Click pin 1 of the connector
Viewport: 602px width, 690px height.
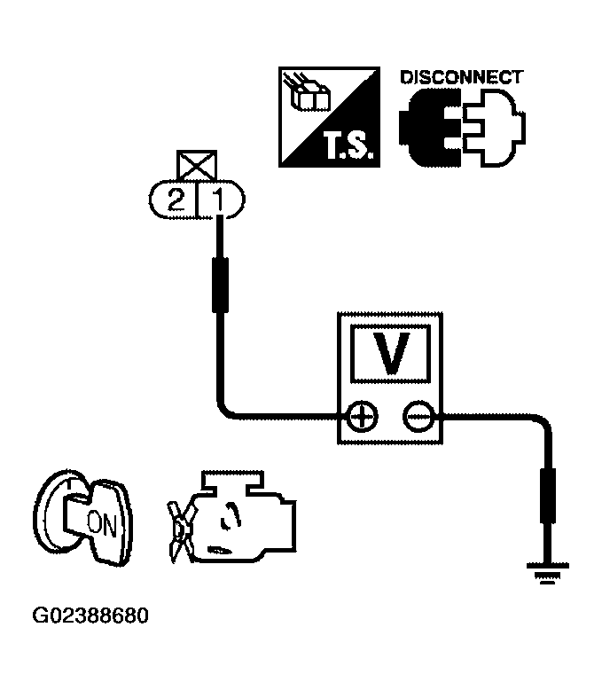219,201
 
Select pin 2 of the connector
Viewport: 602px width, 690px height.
177,201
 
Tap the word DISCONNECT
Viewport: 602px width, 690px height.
461,77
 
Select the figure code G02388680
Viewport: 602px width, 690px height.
90,615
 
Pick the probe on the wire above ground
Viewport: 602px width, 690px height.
547,499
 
